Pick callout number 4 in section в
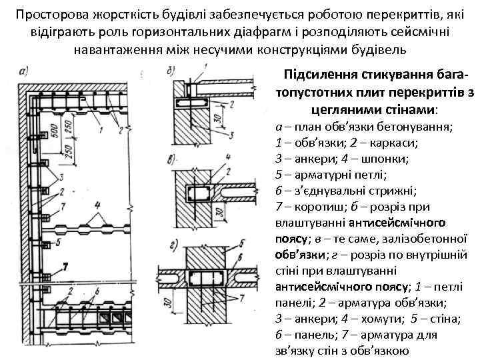point(229,157)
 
